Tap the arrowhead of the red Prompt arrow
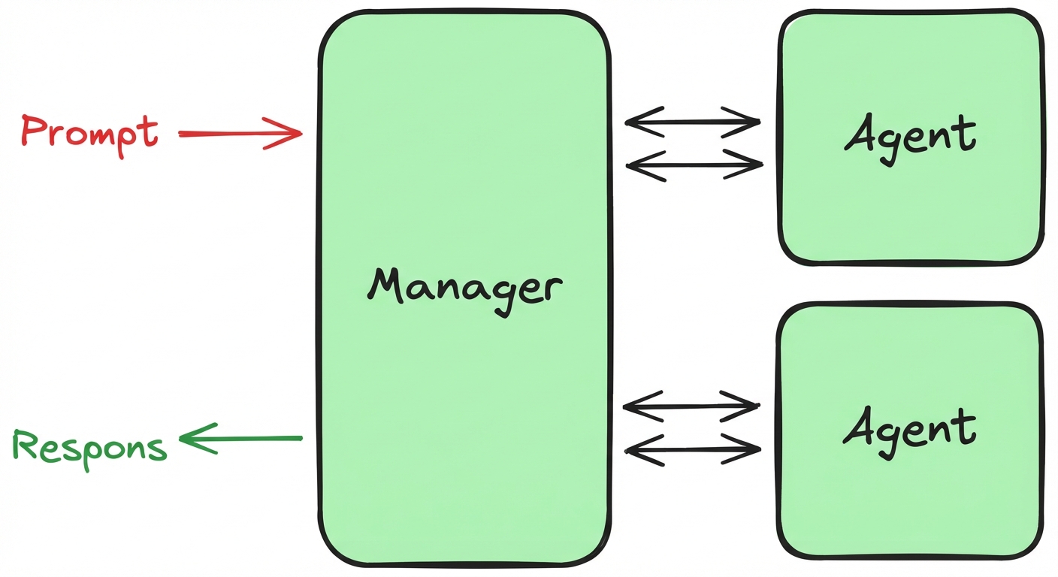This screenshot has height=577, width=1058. click(x=293, y=134)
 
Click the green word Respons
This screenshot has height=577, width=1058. click(x=89, y=447)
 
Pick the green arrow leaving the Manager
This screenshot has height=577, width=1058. click(x=240, y=438)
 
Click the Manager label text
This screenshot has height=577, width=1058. click(x=464, y=288)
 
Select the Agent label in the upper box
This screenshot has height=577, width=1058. click(x=910, y=135)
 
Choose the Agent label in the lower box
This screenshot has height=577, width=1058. click(x=910, y=428)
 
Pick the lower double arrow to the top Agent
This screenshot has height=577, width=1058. click(x=694, y=165)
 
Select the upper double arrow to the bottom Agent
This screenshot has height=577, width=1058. click(x=691, y=406)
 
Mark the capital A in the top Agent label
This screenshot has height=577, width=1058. click(x=860, y=135)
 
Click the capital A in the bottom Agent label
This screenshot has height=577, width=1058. click(x=860, y=427)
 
